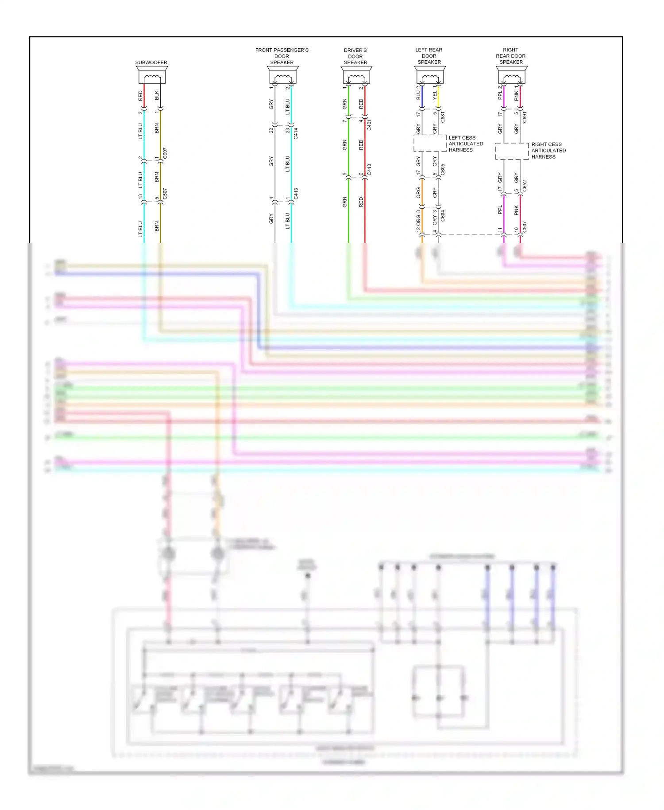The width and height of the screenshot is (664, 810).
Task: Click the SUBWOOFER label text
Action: pyautogui.click(x=151, y=62)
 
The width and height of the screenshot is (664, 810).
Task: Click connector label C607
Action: pyautogui.click(x=165, y=153)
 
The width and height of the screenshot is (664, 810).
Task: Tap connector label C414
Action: pyautogui.click(x=296, y=133)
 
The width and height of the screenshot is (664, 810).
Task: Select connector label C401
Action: pyautogui.click(x=369, y=125)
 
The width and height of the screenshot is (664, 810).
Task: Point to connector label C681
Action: pyautogui.click(x=443, y=117)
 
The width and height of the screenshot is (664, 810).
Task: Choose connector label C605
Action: pyautogui.click(x=443, y=169)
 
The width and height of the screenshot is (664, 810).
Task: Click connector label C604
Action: pyautogui.click(x=443, y=216)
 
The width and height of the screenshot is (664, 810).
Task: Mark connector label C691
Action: pyautogui.click(x=525, y=117)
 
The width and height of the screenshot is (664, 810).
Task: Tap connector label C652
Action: pyautogui.click(x=525, y=186)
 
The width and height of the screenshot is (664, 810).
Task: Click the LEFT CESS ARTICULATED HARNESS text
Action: pyautogui.click(x=465, y=144)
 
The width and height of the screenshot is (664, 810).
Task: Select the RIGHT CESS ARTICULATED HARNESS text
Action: pyautogui.click(x=548, y=151)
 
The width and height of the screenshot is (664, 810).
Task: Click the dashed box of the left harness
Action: pyautogui.click(x=430, y=144)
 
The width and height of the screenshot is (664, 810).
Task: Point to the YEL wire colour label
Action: pyautogui.click(x=435, y=95)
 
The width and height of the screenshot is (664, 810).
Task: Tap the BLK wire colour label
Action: pyautogui.click(x=157, y=95)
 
